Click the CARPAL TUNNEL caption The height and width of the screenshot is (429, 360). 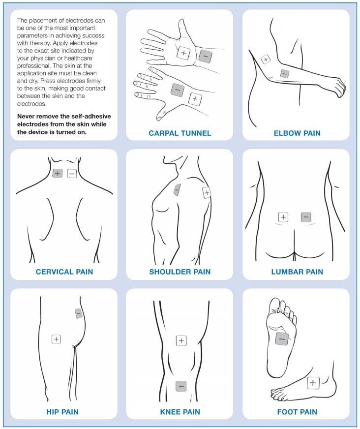tap(180, 133)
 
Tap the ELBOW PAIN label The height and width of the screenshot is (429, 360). tap(297, 133)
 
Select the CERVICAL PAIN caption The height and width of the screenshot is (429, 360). tap(64, 272)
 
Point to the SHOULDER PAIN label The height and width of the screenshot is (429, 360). tap(180, 272)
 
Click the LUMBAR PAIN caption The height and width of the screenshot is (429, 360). tap(297, 272)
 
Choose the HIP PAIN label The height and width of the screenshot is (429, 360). tap(62, 412)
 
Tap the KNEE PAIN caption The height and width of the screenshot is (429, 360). tap(180, 412)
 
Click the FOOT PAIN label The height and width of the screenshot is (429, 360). tap(297, 412)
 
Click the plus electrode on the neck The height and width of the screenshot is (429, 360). tap(57, 173)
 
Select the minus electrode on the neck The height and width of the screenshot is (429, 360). tap(72, 174)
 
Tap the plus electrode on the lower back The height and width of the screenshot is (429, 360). tap(283, 217)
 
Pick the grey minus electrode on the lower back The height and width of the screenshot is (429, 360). tap(306, 217)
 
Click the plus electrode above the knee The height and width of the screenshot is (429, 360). tap(181, 340)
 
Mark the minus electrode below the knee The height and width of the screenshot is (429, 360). tap(181, 386)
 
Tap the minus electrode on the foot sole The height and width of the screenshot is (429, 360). tap(282, 339)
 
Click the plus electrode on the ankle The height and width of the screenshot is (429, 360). tap(313, 383)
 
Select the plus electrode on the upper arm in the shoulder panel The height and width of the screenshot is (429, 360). tap(207, 193)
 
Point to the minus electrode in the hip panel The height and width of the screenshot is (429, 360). tap(79, 313)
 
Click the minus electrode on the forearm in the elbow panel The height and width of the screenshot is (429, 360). tap(284, 74)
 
